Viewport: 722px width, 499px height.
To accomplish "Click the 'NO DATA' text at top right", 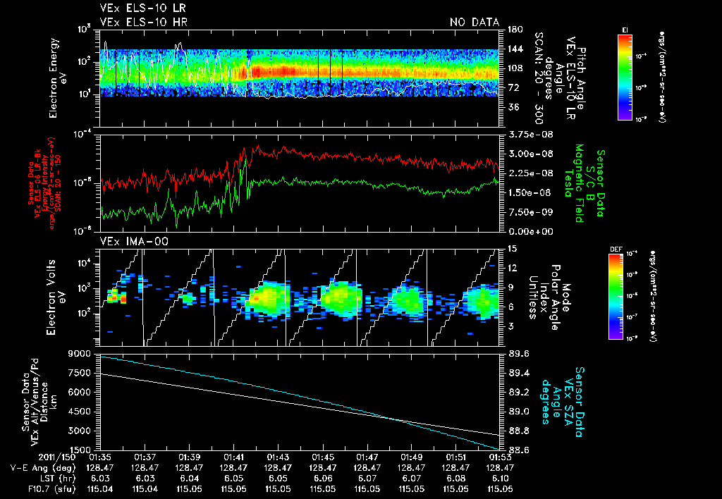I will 475,23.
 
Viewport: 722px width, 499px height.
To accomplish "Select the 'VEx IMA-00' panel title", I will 128,242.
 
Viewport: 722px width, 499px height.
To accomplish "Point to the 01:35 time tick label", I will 101,457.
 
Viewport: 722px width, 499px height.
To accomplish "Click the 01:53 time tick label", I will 499,457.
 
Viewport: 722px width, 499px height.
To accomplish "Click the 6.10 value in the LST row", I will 499,477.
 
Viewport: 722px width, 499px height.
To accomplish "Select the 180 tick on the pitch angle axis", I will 513,30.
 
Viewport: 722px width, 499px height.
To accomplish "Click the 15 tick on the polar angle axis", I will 512,249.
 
